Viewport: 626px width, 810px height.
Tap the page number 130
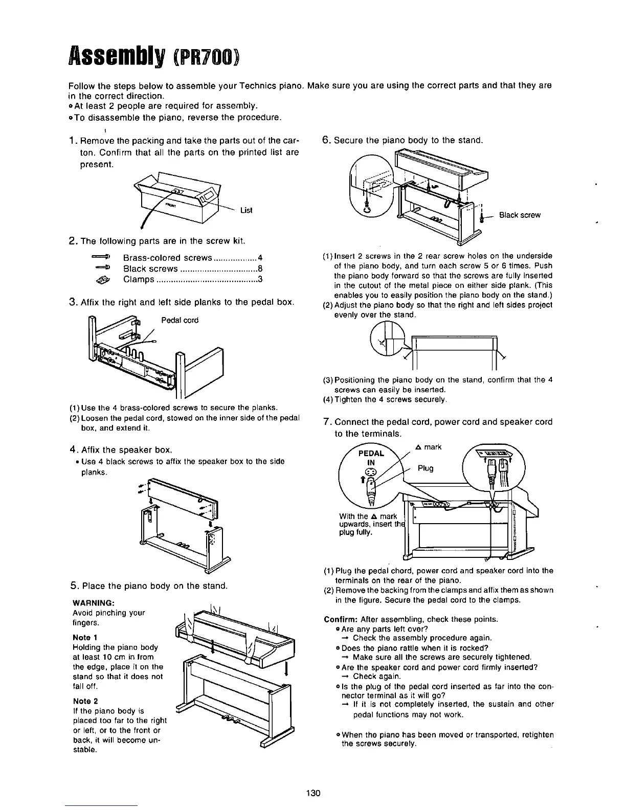(313, 793)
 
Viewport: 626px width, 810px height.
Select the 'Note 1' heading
(84, 638)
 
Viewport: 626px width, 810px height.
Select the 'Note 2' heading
(84, 701)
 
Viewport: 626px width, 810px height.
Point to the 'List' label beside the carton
(246, 210)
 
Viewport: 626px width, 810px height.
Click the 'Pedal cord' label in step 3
(180, 320)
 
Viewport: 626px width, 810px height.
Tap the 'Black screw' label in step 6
(520, 215)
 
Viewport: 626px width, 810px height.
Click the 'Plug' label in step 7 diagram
(426, 468)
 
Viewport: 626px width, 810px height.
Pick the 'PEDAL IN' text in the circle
(371, 457)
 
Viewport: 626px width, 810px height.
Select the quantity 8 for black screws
(260, 269)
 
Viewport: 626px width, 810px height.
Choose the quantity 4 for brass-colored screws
(260, 258)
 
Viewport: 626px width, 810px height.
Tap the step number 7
(327, 422)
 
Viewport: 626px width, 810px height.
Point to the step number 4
(73, 450)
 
